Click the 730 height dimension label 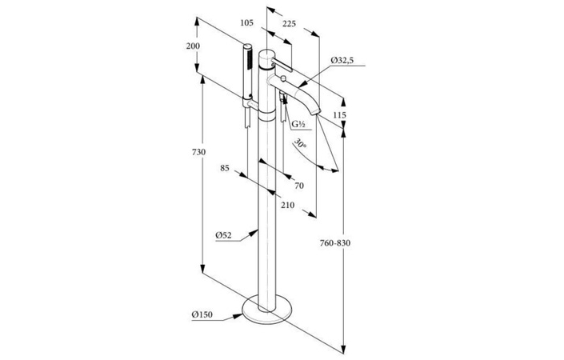[198, 152]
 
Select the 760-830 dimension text [335, 243]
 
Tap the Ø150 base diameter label [202, 314]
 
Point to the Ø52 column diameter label [223, 235]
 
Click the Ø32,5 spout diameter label [342, 60]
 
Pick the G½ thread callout [298, 125]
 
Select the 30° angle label [301, 143]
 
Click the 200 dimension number [193, 46]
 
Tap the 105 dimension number [246, 23]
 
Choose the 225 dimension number [289, 24]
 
